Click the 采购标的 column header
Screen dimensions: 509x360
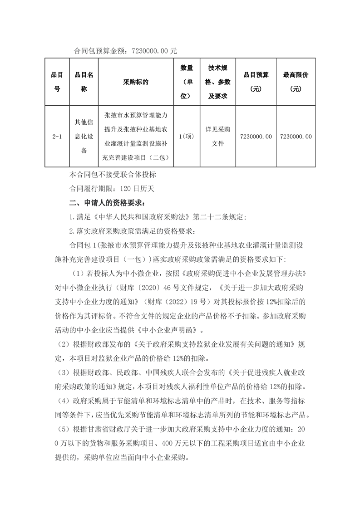pos(135,83)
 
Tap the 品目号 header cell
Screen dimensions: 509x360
pos(57,82)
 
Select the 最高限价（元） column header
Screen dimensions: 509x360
pos(296,82)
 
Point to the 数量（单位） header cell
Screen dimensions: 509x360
pos(187,82)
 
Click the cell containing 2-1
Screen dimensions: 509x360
pos(57,136)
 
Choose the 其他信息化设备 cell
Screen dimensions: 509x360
pos(84,136)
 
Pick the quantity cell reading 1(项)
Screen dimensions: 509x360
pos(187,136)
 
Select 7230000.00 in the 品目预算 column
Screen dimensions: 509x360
pos(256,136)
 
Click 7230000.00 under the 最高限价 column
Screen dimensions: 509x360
pos(296,136)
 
